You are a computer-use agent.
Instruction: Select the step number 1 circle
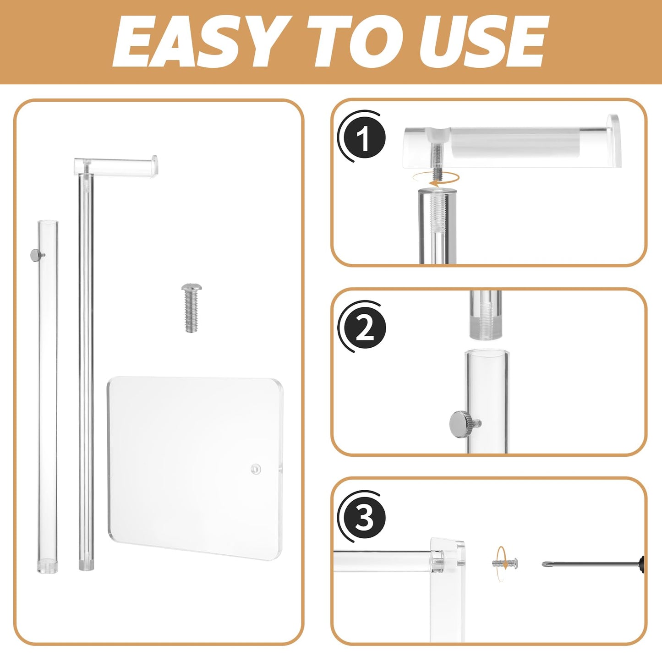click(364, 137)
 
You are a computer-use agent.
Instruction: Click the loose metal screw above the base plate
click(191, 307)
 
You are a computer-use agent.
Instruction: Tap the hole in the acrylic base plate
click(256, 469)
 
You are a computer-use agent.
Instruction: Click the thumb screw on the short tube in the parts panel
click(37, 254)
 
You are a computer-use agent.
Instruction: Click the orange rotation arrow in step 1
click(436, 178)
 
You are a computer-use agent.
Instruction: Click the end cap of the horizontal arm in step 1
click(613, 141)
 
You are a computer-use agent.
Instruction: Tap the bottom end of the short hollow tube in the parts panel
click(47, 568)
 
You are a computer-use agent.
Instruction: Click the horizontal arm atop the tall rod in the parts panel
click(116, 165)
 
